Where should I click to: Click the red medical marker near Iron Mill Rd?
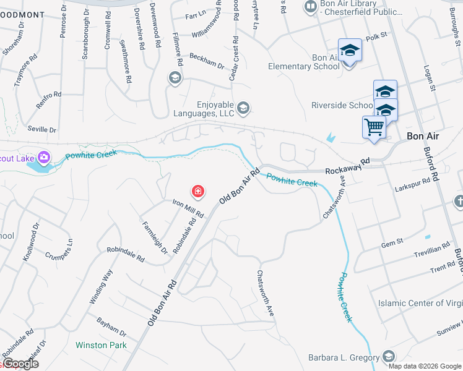click(x=198, y=192)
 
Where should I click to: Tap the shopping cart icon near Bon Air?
click(x=374, y=127)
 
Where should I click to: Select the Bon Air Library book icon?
click(x=310, y=7)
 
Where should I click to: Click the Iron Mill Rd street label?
click(x=188, y=208)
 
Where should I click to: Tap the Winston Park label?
click(x=101, y=344)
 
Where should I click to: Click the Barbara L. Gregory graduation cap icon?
click(x=388, y=356)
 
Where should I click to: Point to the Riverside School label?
click(x=342, y=105)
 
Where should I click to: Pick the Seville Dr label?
click(x=42, y=130)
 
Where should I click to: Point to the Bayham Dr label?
click(x=111, y=325)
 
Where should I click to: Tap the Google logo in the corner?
click(x=20, y=364)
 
